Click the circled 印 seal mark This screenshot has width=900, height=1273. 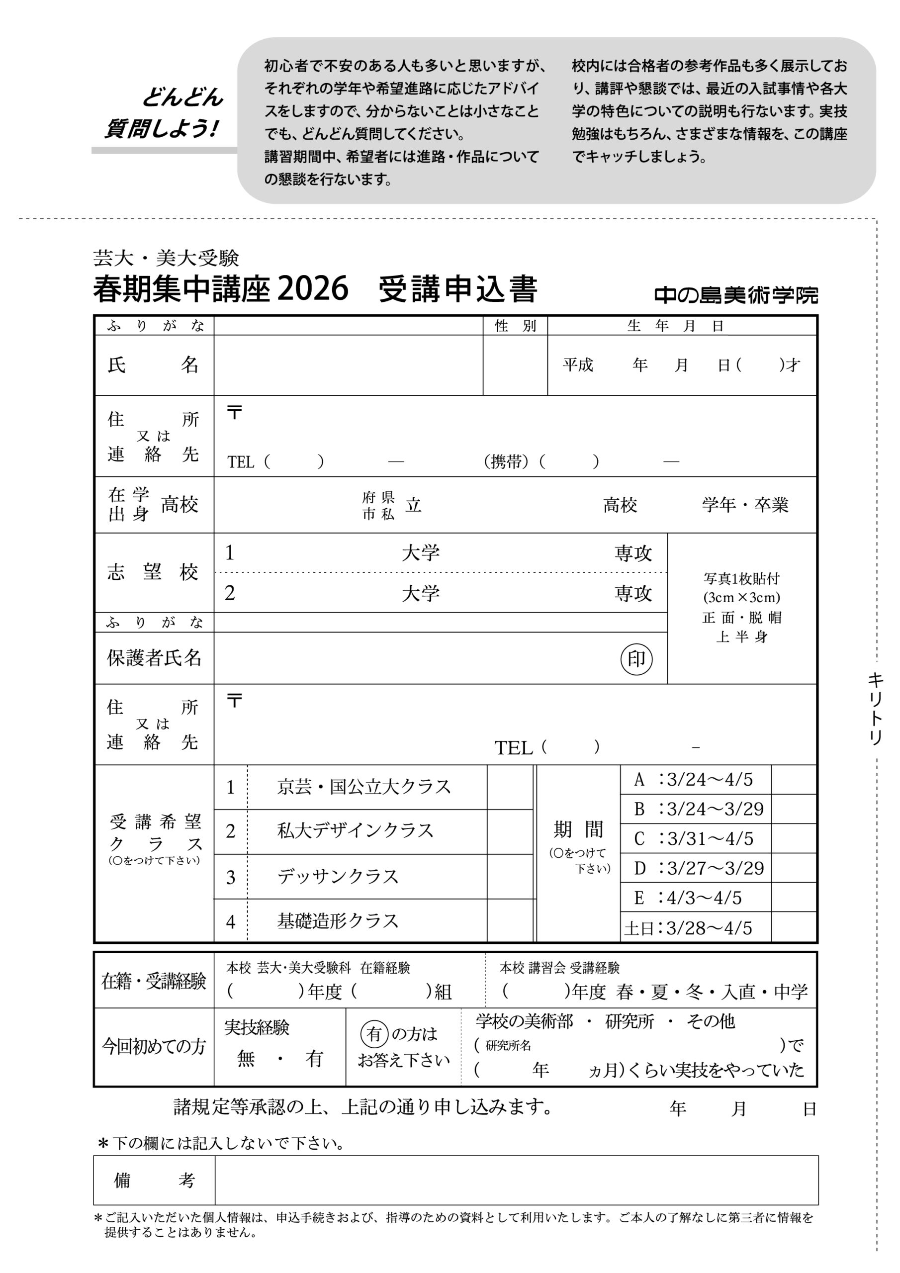636,659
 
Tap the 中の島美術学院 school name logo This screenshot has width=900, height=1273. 736,295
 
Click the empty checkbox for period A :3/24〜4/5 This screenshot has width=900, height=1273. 794,780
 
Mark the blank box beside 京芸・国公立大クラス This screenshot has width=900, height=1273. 510,787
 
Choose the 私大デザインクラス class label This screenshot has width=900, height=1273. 355,831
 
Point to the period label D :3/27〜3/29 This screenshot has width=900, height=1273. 699,868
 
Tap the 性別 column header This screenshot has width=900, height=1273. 515,326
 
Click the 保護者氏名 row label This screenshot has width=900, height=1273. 154,658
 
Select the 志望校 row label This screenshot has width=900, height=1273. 153,572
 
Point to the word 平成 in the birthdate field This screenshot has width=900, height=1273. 578,365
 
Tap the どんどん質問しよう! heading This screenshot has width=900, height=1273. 164,113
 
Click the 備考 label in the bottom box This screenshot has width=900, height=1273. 154,1181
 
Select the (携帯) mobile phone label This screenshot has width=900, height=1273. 506,461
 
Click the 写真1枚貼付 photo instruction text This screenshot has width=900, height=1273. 741,579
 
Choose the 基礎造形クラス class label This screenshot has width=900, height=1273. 338,921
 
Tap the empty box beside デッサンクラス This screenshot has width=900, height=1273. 510,877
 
